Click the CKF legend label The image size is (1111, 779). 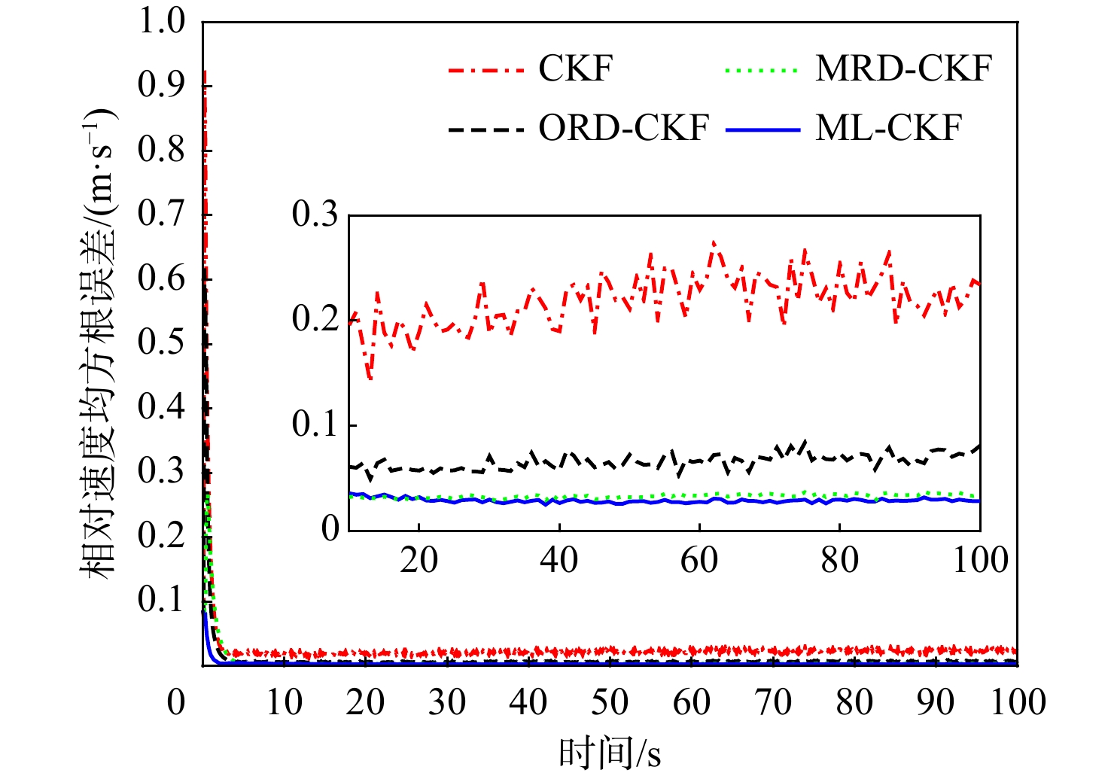coord(576,68)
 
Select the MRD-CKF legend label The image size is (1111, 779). coord(903,68)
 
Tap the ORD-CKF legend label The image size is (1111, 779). coord(623,128)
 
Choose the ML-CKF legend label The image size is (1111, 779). coord(888,128)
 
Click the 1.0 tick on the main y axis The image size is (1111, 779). coord(161,21)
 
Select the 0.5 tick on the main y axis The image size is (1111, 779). coord(161,342)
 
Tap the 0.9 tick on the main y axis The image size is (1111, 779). coord(161,85)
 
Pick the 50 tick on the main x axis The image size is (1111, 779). coord(610,701)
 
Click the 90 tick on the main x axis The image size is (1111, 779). coord(936,701)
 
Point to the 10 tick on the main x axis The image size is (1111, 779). coord(285,701)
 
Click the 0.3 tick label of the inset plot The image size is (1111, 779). coord(315,215)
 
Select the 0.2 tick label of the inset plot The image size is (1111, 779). coord(315,319)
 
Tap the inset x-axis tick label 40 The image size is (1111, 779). coord(559,560)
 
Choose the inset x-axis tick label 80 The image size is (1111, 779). coord(839,560)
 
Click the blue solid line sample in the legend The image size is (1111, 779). coord(762,129)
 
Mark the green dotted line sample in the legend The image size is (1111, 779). coord(761,70)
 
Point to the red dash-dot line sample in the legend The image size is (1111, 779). coord(485,70)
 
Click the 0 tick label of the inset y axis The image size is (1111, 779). coord(330,529)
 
